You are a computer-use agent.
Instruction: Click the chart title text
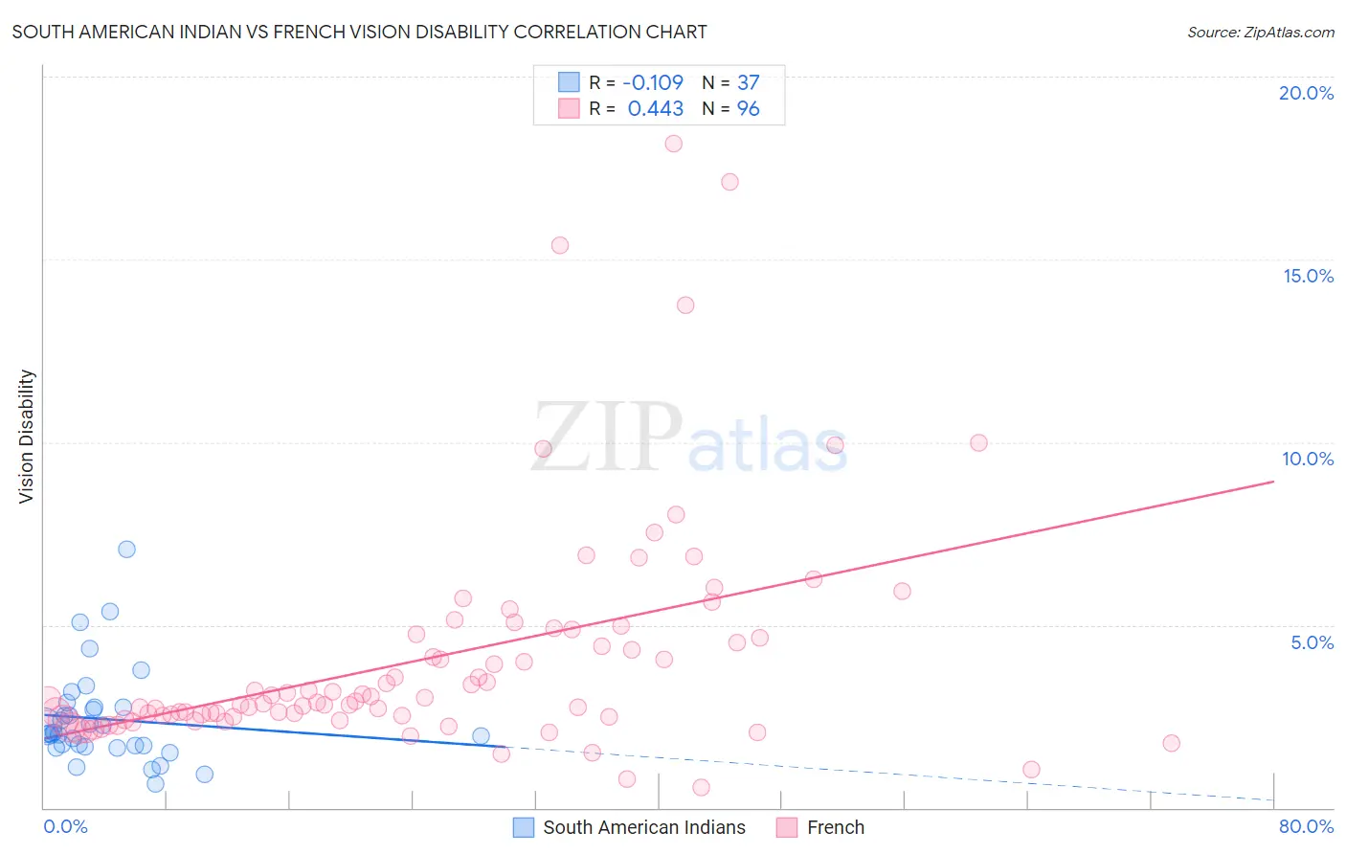tap(359, 32)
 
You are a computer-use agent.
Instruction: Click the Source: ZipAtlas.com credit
tap(1260, 32)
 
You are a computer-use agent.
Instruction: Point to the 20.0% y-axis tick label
tap(1306, 93)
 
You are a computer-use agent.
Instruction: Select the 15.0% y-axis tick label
tap(1308, 276)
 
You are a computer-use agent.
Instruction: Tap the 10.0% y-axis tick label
tap(1308, 459)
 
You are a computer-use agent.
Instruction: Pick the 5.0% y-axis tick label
tap(1312, 642)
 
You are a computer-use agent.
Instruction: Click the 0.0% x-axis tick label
tap(65, 826)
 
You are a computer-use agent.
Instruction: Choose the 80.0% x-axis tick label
tap(1306, 826)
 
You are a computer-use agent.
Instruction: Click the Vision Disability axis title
tap(27, 436)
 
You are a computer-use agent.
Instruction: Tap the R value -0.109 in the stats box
tap(653, 82)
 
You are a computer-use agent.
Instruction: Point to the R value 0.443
tap(655, 109)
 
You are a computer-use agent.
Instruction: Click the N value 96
tap(748, 109)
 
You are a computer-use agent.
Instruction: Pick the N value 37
tap(748, 82)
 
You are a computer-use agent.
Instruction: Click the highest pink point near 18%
tap(673, 144)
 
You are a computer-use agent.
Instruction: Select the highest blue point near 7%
tap(126, 550)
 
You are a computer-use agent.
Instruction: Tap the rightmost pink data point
tap(1171, 743)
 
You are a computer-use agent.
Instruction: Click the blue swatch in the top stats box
tap(569, 82)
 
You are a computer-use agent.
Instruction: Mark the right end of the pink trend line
tap(1273, 482)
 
